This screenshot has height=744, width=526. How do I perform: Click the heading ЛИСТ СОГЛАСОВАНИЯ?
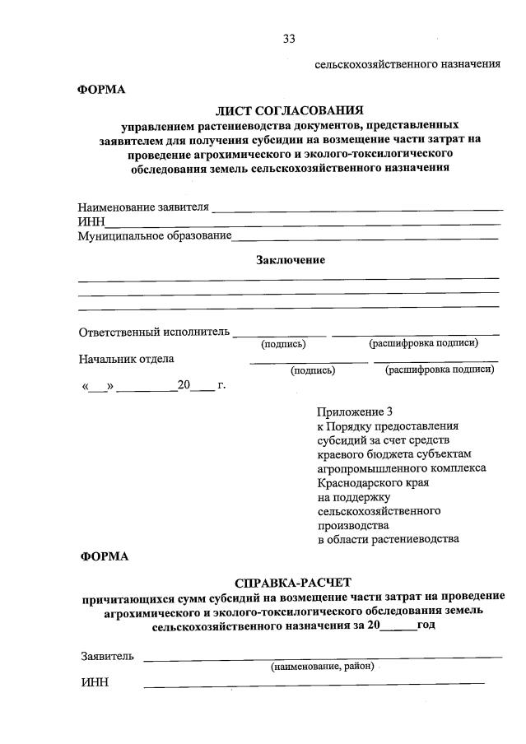pos(288,110)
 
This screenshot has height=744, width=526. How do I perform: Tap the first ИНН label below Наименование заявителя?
pos(91,222)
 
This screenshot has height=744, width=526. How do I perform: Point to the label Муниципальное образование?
pos(155,237)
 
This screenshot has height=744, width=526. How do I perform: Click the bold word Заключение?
pos(290,260)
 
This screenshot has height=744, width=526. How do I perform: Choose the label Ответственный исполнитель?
pos(154,332)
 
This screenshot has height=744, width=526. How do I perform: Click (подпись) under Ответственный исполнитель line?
pos(283,344)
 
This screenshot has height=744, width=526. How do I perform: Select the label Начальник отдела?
pos(126,359)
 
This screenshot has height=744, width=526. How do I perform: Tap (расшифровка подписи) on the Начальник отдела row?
pos(440,370)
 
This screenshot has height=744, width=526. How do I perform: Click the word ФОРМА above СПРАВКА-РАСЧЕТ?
pos(105,556)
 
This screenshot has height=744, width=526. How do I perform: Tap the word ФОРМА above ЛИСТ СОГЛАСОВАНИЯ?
pos(101,89)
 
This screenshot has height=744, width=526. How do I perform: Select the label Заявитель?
pos(107,656)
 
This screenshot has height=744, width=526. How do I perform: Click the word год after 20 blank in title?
pos(426,625)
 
